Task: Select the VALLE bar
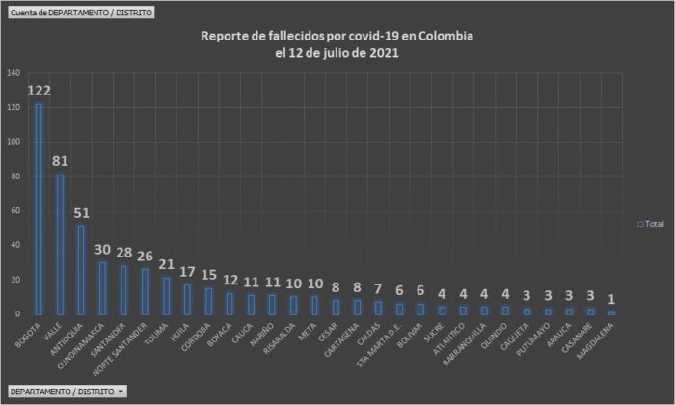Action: point(60,244)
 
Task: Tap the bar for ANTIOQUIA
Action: point(81,270)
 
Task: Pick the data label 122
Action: point(39,91)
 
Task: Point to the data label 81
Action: point(60,162)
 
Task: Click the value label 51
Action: point(81,213)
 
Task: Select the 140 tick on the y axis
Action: point(13,73)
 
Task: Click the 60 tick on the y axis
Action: point(14,211)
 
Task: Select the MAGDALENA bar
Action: point(611,312)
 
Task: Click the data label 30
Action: point(102,250)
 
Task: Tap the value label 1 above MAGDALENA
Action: point(611,299)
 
